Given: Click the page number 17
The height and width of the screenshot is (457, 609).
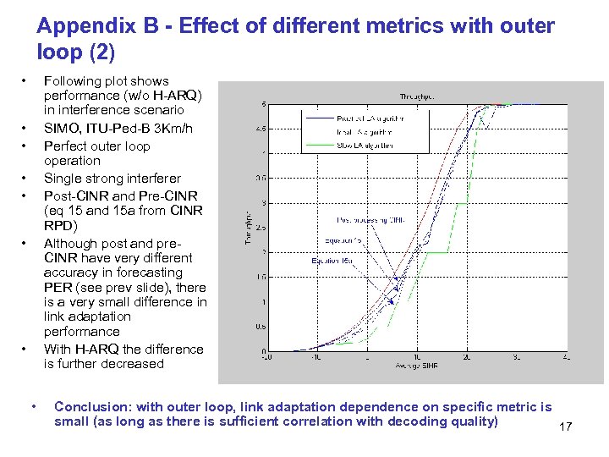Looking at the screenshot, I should (x=565, y=427).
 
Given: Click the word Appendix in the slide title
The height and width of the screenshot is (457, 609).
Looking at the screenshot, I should (x=80, y=26).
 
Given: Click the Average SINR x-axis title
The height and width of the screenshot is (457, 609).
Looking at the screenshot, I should (x=416, y=365).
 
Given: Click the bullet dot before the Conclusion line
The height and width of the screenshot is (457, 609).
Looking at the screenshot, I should (x=32, y=408).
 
